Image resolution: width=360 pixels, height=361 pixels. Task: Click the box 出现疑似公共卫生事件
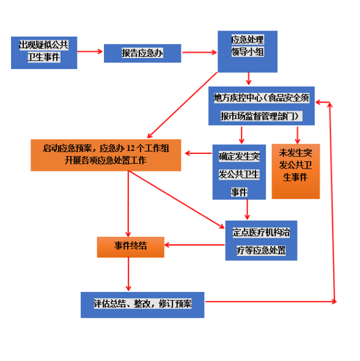pos(44,53)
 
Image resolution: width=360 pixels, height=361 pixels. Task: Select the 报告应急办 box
pos(142,53)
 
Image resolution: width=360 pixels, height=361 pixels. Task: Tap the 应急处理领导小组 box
pos(248,51)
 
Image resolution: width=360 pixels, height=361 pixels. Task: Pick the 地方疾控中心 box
pos(262,106)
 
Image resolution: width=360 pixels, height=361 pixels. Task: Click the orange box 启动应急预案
pos(106,155)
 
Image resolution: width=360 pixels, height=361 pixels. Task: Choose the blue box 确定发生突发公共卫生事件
pos(239,172)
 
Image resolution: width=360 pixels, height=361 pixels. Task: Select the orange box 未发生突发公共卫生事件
pos(296,172)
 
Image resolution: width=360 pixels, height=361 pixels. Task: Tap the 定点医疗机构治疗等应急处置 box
pos(261,241)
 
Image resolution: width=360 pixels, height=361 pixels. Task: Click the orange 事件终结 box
pos(131,247)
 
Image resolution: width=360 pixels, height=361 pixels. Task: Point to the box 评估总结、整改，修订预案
pos(142,305)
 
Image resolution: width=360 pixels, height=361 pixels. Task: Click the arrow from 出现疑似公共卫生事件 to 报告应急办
pos(90,51)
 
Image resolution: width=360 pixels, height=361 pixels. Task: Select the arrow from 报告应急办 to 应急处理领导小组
pos(199,53)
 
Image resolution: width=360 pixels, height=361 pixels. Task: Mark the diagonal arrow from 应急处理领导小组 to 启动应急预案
pos(182,105)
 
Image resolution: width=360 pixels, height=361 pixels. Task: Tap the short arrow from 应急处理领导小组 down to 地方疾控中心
pos(249,79)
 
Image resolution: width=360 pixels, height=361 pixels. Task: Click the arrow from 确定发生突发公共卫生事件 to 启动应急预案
pos(199,153)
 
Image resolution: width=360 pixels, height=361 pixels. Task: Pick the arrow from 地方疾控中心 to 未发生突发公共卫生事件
pos(298,135)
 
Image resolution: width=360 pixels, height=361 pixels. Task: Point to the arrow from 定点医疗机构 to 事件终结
pos(194,245)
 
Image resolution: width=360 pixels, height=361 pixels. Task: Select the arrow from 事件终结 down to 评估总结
pos(128,274)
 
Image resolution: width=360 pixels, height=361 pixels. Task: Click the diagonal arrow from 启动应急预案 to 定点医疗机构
pos(176,200)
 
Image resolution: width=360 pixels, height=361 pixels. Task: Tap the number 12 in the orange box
pos(131,148)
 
